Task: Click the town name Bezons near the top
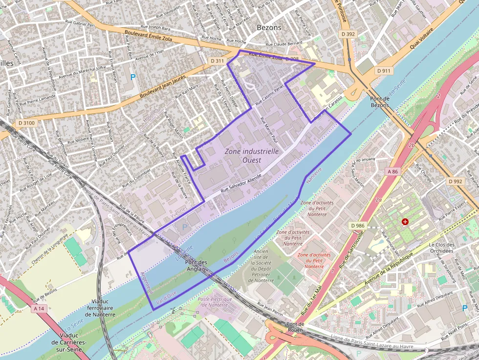coord(269,28)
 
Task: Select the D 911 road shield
coord(385,71)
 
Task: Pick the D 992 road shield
coord(455,181)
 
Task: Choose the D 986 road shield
coord(358,225)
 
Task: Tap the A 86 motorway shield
coord(392,171)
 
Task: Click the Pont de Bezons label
coord(380,102)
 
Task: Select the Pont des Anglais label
coord(196,266)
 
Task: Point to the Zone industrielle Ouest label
coord(252,155)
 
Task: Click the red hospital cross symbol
coord(405,222)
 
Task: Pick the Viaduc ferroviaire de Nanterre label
coord(100,308)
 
